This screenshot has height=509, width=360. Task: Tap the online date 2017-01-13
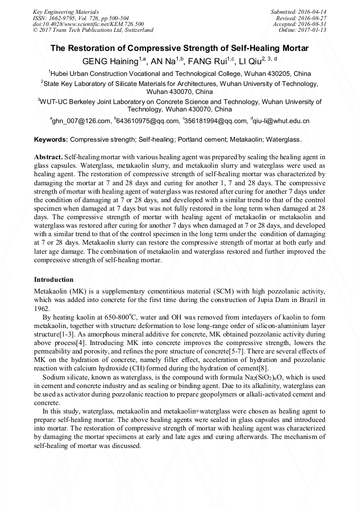click(x=312, y=30)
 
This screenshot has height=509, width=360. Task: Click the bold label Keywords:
click(x=51, y=140)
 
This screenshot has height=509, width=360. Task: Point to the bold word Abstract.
click(x=48, y=158)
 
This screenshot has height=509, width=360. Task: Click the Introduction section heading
click(x=54, y=280)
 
